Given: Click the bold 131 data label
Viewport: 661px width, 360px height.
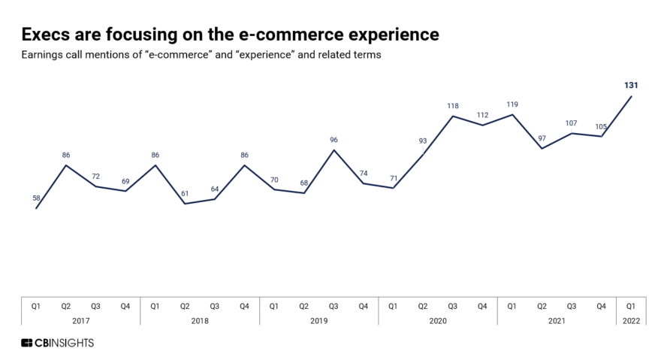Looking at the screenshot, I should (x=631, y=86).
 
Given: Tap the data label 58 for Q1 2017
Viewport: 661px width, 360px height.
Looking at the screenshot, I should (x=36, y=198).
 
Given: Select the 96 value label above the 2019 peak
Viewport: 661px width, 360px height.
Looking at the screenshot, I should (x=334, y=140).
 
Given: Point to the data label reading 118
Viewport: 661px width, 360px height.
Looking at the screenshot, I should (x=452, y=106).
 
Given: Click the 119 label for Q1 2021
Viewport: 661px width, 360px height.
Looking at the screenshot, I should (x=512, y=104).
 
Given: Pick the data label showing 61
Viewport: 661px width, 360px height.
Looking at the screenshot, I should (x=185, y=194).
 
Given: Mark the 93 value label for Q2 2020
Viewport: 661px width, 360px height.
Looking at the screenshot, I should (x=423, y=141).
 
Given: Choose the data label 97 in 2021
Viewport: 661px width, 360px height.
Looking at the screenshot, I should (x=542, y=138).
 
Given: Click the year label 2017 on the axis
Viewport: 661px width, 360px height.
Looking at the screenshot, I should (x=80, y=321).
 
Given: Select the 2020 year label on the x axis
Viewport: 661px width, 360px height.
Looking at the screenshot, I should (x=437, y=321).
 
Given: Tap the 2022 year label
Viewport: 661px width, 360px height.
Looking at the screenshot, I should (x=631, y=321).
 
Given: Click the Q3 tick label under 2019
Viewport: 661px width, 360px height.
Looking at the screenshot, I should (x=334, y=306).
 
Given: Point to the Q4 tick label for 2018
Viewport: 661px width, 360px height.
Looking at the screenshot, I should (x=244, y=306).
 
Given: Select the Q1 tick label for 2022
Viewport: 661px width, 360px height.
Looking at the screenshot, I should (x=631, y=306).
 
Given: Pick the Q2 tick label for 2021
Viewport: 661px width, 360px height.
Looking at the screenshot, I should (x=542, y=306).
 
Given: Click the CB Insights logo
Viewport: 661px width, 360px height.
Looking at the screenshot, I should (x=58, y=343).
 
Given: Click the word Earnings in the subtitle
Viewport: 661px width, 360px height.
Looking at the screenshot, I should (x=43, y=56).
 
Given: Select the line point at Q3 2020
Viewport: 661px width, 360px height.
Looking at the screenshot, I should (x=452, y=116).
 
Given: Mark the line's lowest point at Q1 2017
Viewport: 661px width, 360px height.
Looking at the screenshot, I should (x=36, y=208).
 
